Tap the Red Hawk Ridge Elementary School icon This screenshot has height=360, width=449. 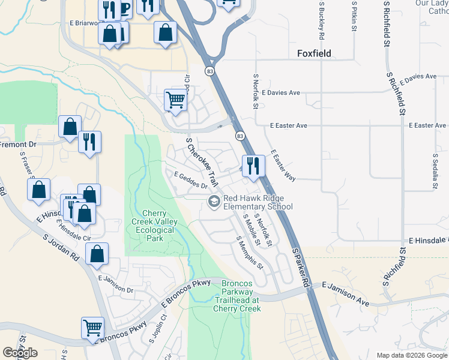tap(214, 202)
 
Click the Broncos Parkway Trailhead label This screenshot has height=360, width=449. tap(237, 296)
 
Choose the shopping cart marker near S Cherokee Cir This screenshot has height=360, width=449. tap(175, 100)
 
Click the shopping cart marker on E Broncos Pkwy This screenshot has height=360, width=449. tap(92, 328)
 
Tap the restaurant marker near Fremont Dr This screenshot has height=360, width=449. tap(89, 142)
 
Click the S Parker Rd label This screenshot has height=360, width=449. tap(301, 266)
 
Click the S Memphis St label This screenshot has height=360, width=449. tap(250, 253)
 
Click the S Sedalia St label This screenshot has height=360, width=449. tap(435, 170)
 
